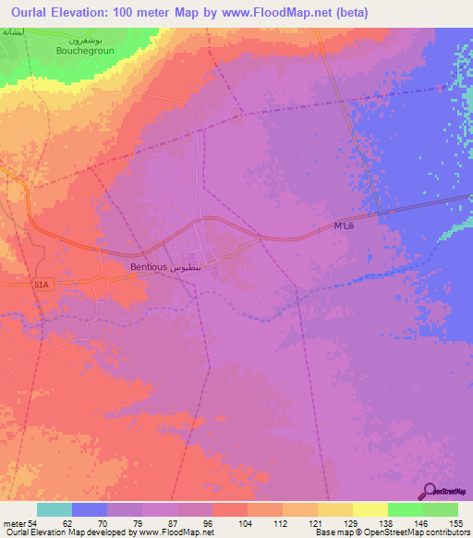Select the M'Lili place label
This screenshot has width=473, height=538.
(x=345, y=227)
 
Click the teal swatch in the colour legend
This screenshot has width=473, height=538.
(x=55, y=509)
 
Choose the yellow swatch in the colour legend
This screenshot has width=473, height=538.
(x=370, y=509)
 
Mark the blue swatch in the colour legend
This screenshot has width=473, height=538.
(x=90, y=509)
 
